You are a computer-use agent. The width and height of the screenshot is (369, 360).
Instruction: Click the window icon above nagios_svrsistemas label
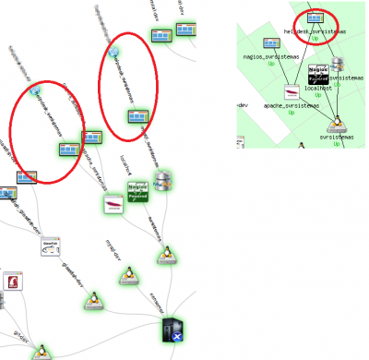tap(271, 43)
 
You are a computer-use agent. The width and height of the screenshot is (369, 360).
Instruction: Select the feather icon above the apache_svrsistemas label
tap(291, 94)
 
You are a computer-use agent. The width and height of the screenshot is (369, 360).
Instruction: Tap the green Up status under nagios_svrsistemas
tap(271, 64)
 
